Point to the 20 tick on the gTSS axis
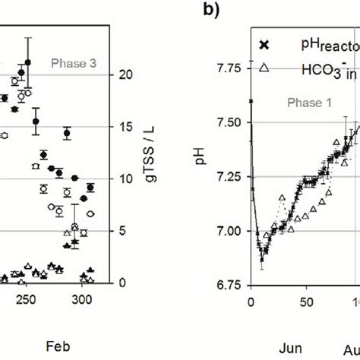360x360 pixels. pos(128,74)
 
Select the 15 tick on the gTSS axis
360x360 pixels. pos(128,127)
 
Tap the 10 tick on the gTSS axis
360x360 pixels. pos(128,179)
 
